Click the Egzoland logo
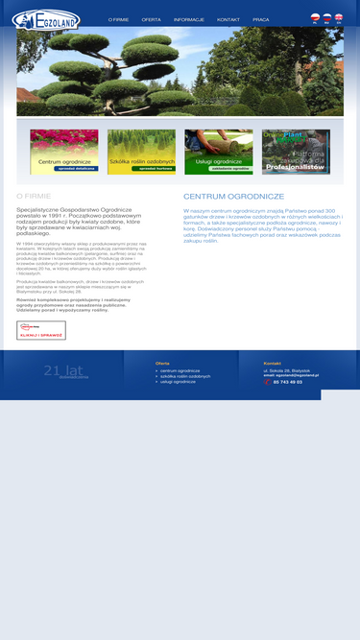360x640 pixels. (x=46, y=19)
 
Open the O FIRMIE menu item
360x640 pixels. (x=118, y=19)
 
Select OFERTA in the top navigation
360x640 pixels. (x=151, y=19)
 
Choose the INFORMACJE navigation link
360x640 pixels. (x=188, y=19)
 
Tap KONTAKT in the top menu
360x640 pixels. (x=228, y=19)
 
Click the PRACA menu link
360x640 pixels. (x=260, y=19)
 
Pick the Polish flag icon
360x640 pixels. (x=315, y=17)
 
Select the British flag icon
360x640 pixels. (x=338, y=17)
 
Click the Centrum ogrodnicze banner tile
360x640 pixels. (x=63, y=152)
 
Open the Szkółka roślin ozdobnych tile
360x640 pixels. (x=141, y=152)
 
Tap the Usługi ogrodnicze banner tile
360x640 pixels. (x=218, y=152)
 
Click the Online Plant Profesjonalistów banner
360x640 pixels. (x=296, y=152)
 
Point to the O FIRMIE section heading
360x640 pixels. (x=34, y=196)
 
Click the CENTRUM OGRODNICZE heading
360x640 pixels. (x=233, y=196)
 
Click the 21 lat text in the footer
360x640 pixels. (x=63, y=370)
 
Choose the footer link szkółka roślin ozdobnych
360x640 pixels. (x=185, y=376)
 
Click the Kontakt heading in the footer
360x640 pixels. (x=273, y=363)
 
